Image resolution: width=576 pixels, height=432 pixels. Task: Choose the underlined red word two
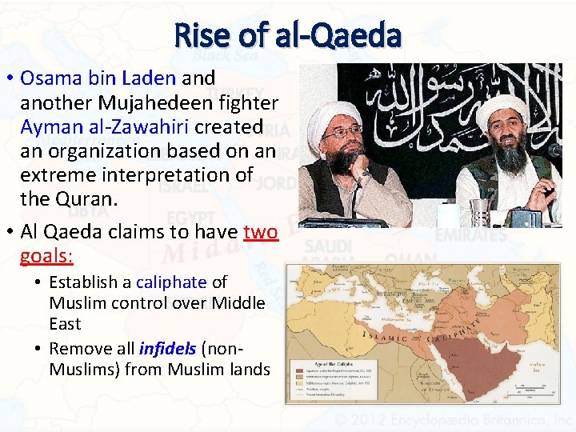click(x=260, y=232)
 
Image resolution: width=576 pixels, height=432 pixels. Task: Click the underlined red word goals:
click(x=47, y=256)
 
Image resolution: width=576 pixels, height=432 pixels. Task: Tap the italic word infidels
click(x=168, y=349)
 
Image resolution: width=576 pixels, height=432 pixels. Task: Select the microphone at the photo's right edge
click(x=554, y=150)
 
